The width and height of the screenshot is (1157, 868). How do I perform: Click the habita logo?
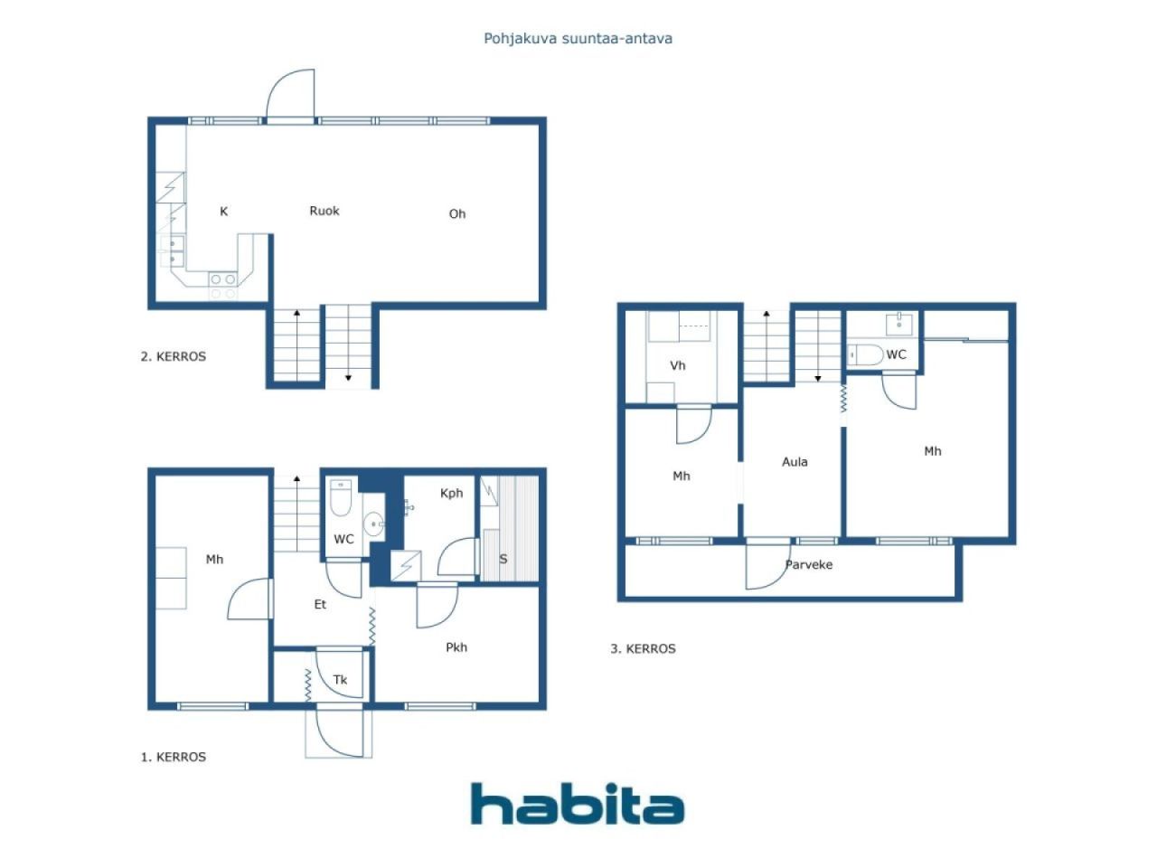tap(578, 804)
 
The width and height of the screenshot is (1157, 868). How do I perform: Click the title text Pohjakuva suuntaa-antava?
tap(578, 39)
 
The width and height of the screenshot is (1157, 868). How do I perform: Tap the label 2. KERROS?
tap(174, 357)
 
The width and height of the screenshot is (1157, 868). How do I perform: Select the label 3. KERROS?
tap(643, 649)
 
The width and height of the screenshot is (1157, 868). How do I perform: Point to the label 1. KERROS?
tap(174, 758)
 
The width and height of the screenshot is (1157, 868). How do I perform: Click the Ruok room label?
tap(325, 211)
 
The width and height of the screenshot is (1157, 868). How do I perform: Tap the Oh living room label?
tap(457, 213)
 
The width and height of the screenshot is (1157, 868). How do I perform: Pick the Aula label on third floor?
tap(795, 462)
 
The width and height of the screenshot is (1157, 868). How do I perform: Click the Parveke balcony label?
tap(809, 565)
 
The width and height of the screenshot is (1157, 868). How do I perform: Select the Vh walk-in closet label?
tap(677, 365)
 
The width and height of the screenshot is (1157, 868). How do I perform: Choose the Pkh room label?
tap(456, 647)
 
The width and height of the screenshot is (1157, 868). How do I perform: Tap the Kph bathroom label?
tap(451, 494)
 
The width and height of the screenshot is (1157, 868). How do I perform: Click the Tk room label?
tap(340, 680)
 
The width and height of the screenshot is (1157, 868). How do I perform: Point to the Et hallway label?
tap(320, 605)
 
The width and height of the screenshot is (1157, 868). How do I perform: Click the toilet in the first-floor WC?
tap(341, 497)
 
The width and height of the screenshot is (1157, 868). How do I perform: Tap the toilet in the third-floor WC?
tap(867, 354)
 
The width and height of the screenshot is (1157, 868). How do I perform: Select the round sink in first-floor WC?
tap(373, 524)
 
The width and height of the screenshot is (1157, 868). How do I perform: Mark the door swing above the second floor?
tap(290, 95)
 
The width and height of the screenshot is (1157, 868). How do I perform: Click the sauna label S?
tap(503, 559)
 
